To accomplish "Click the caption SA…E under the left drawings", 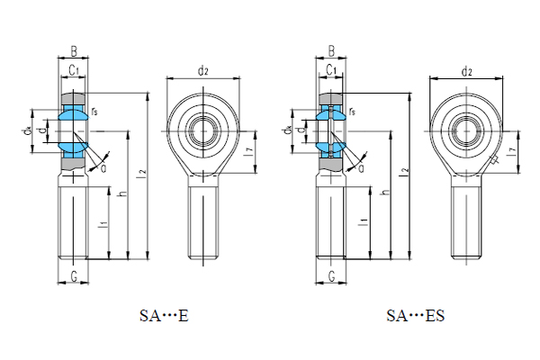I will point(163,315).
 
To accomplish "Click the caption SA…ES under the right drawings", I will point(415,315).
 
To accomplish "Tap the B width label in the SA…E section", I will point(74,51).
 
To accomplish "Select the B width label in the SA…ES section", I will point(331,51).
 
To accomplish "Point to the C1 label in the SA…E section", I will point(74,69).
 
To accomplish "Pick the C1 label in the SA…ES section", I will point(331,69).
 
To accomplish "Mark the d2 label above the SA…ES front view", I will point(466,71).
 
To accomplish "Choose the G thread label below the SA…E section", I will point(73,275).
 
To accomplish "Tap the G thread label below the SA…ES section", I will point(331,275).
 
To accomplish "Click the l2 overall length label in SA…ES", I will point(406,169).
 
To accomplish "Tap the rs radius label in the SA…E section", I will point(94,111).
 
